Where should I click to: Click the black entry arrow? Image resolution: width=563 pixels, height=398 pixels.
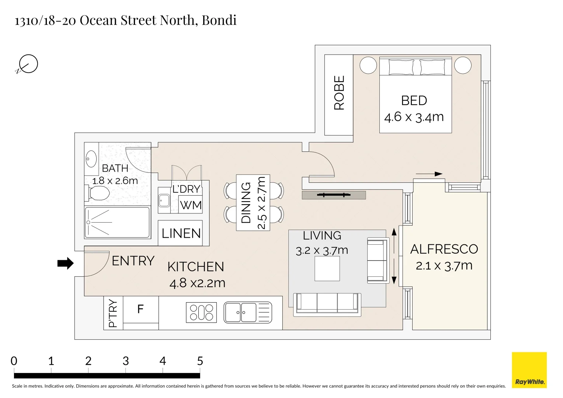click(66, 263)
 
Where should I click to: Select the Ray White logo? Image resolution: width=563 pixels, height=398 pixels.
click(529, 370)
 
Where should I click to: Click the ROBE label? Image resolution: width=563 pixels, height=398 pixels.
click(339, 93)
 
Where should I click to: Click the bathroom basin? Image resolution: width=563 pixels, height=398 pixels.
click(91, 159)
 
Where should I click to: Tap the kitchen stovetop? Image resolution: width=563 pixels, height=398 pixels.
click(201, 313)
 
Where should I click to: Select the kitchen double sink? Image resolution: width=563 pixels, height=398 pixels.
click(248, 313)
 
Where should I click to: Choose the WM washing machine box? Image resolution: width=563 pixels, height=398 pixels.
click(191, 205)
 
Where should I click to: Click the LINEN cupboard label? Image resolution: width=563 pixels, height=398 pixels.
click(181, 233)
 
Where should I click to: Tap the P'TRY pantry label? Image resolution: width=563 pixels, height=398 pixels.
click(113, 313)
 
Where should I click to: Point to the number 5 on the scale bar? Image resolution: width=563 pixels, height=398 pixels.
click(200, 361)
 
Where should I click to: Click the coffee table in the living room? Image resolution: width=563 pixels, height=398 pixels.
click(327, 269)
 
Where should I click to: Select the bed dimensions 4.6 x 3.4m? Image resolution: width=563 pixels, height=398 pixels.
click(414, 117)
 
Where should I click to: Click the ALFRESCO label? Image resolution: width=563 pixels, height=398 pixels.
click(444, 249)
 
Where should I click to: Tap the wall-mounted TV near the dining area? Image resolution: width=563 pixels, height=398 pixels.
click(334, 195)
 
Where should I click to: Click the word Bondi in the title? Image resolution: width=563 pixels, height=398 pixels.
click(219, 20)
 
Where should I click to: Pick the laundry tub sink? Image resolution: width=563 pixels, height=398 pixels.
click(164, 200)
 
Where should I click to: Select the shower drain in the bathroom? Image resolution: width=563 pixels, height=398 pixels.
click(88, 222)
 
